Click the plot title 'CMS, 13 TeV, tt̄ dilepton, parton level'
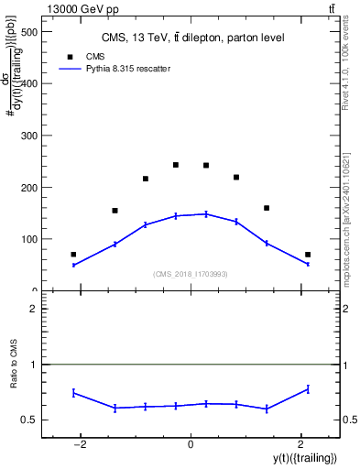(192, 38)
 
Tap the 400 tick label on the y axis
(27, 84)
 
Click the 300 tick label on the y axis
(27, 136)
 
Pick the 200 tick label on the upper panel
(27, 188)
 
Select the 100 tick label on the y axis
(27, 239)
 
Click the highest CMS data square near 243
(176, 165)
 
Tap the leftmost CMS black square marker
(73, 255)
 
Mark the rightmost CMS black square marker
(308, 255)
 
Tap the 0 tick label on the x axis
(191, 443)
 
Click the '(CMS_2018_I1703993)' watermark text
(191, 274)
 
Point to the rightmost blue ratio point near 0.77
(308, 389)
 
